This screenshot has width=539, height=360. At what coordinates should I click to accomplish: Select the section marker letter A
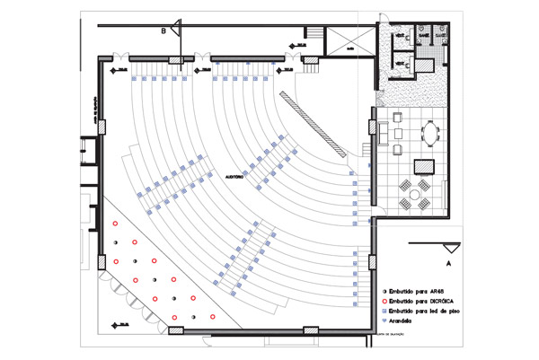click(447, 265)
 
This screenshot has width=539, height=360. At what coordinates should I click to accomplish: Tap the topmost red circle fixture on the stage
click(115, 223)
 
